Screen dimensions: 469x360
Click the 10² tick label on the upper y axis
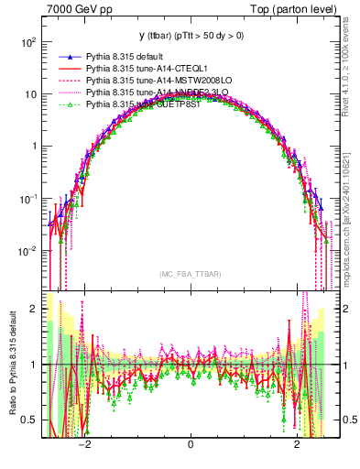pos(28,42)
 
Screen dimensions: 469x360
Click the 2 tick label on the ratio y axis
pos(34,309)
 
